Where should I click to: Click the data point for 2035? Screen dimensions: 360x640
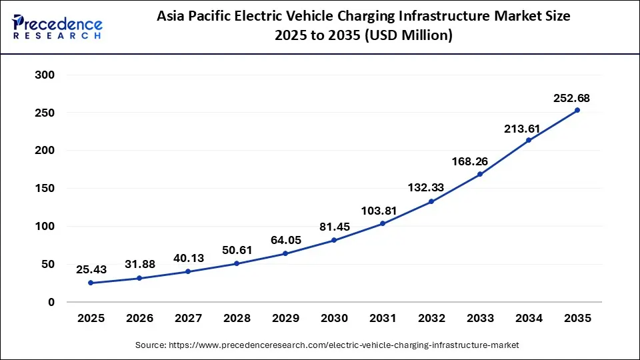(577, 111)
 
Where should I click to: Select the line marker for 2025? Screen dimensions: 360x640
(91, 283)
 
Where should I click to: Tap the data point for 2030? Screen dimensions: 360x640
(334, 240)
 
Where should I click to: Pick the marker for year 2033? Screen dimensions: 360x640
(480, 175)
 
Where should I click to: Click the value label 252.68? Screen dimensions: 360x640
(571, 98)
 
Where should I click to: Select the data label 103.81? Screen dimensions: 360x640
(378, 211)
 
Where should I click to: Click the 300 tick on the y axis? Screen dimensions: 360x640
(45, 75)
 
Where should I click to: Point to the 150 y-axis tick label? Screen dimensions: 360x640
(45, 189)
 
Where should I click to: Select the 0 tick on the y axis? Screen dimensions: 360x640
(51, 302)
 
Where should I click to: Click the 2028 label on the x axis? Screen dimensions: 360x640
(237, 319)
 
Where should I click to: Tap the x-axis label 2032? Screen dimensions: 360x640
(431, 319)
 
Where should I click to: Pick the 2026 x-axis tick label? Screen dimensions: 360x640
(139, 319)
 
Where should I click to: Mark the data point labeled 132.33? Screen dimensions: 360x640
(431, 201)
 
